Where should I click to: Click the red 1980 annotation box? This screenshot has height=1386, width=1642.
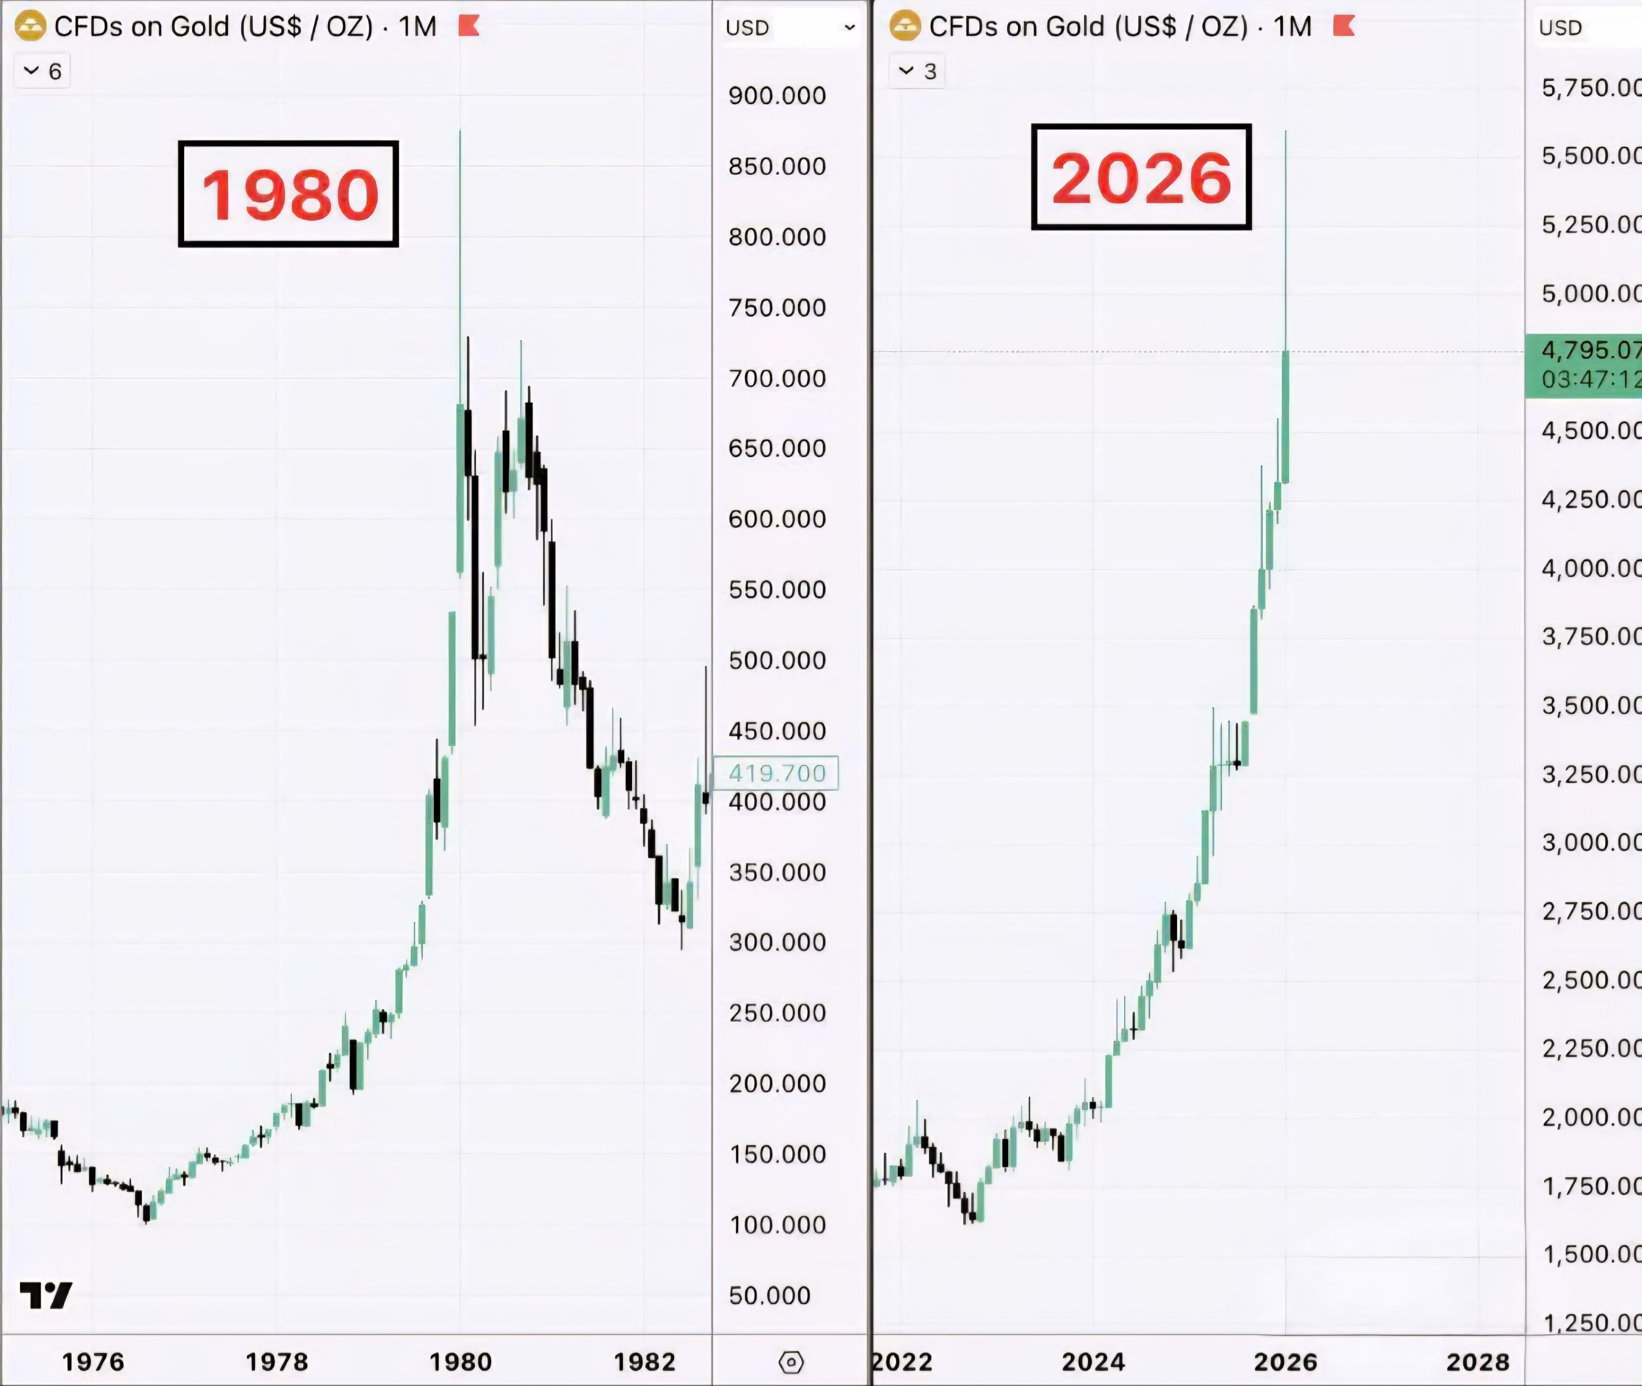click(288, 194)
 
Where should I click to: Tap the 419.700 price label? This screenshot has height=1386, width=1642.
click(776, 773)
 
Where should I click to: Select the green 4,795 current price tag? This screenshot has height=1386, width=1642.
click(1583, 365)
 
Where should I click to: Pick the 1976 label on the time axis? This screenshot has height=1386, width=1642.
click(94, 1362)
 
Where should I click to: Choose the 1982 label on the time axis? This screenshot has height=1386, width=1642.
click(644, 1362)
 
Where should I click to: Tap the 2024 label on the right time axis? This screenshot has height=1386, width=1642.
click(1093, 1362)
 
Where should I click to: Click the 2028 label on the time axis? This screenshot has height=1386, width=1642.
click(1477, 1362)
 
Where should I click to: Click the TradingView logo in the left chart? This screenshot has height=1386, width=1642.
click(46, 1295)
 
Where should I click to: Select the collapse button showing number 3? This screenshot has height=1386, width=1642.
click(918, 71)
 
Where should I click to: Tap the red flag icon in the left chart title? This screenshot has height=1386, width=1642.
click(469, 27)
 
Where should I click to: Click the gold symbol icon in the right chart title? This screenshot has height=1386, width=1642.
click(904, 27)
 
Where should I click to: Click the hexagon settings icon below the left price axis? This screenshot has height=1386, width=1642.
click(790, 1362)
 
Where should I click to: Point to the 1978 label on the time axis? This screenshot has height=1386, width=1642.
click(277, 1362)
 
